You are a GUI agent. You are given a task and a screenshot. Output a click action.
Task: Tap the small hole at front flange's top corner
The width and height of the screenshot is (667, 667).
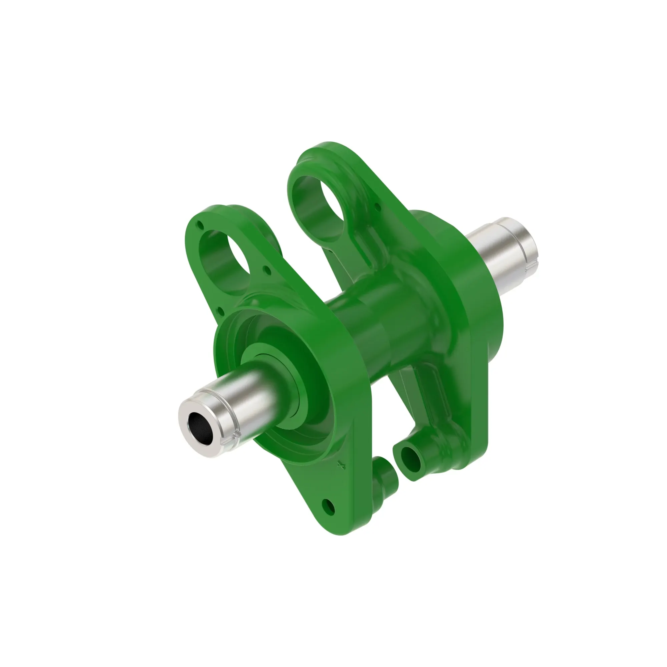[x=200, y=225]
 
